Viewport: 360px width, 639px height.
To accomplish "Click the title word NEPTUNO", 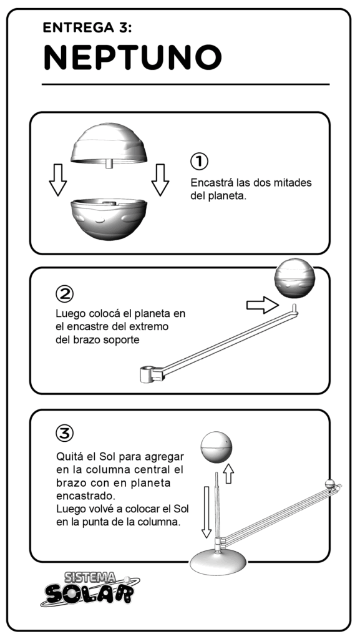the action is [132, 57].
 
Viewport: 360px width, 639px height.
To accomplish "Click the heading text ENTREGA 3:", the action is [87, 27].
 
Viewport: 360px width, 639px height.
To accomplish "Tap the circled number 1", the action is [199, 162].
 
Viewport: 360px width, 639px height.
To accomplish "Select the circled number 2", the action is [64, 294].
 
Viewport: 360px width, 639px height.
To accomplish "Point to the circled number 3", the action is [65, 434].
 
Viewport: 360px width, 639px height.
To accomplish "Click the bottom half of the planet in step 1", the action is [109, 219].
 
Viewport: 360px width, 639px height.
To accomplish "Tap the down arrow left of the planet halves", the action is [58, 180].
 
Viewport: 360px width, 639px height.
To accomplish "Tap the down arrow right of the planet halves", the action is [160, 180].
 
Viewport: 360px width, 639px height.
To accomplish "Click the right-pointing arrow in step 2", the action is [263, 305].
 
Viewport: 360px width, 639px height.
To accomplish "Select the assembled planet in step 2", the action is [294, 278].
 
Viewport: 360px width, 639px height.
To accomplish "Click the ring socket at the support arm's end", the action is [147, 374].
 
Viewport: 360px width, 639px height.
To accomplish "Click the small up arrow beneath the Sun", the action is [229, 474].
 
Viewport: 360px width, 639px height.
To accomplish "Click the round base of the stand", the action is [218, 563].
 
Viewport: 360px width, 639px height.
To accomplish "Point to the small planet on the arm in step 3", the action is [330, 484].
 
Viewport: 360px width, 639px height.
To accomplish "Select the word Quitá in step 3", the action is [68, 456].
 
